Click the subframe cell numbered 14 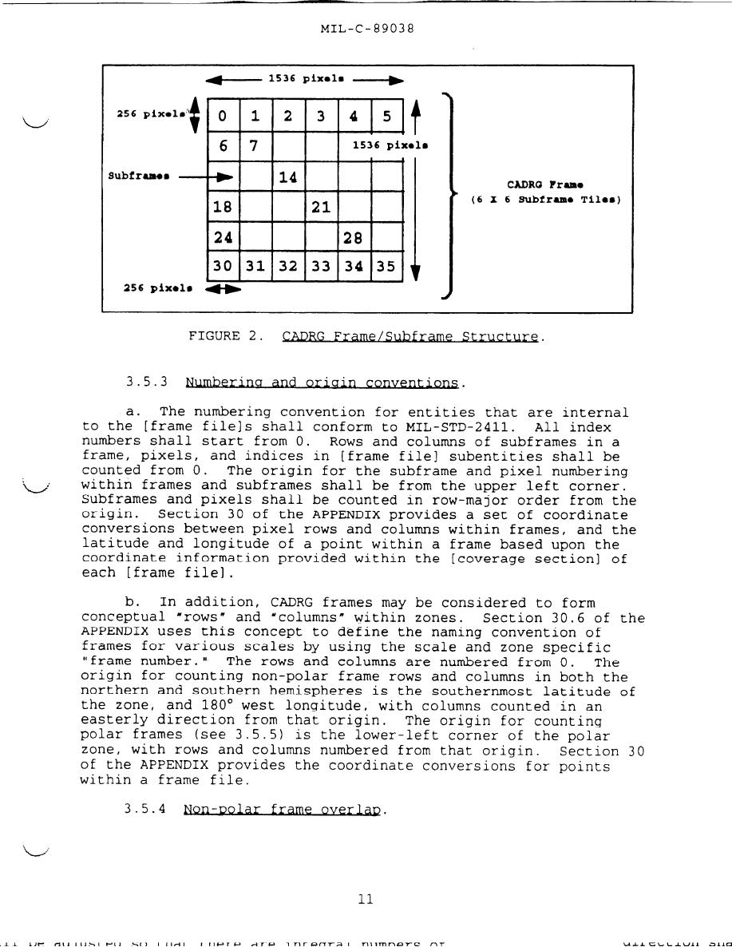[288, 177]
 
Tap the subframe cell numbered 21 [321, 208]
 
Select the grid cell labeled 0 [223, 117]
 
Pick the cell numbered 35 [386, 267]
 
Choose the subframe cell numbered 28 [354, 238]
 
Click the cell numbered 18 [223, 208]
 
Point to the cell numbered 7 [255, 146]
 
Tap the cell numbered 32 [288, 267]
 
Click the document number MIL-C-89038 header [366, 30]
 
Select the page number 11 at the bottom [366, 899]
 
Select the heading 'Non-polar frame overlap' [284, 810]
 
